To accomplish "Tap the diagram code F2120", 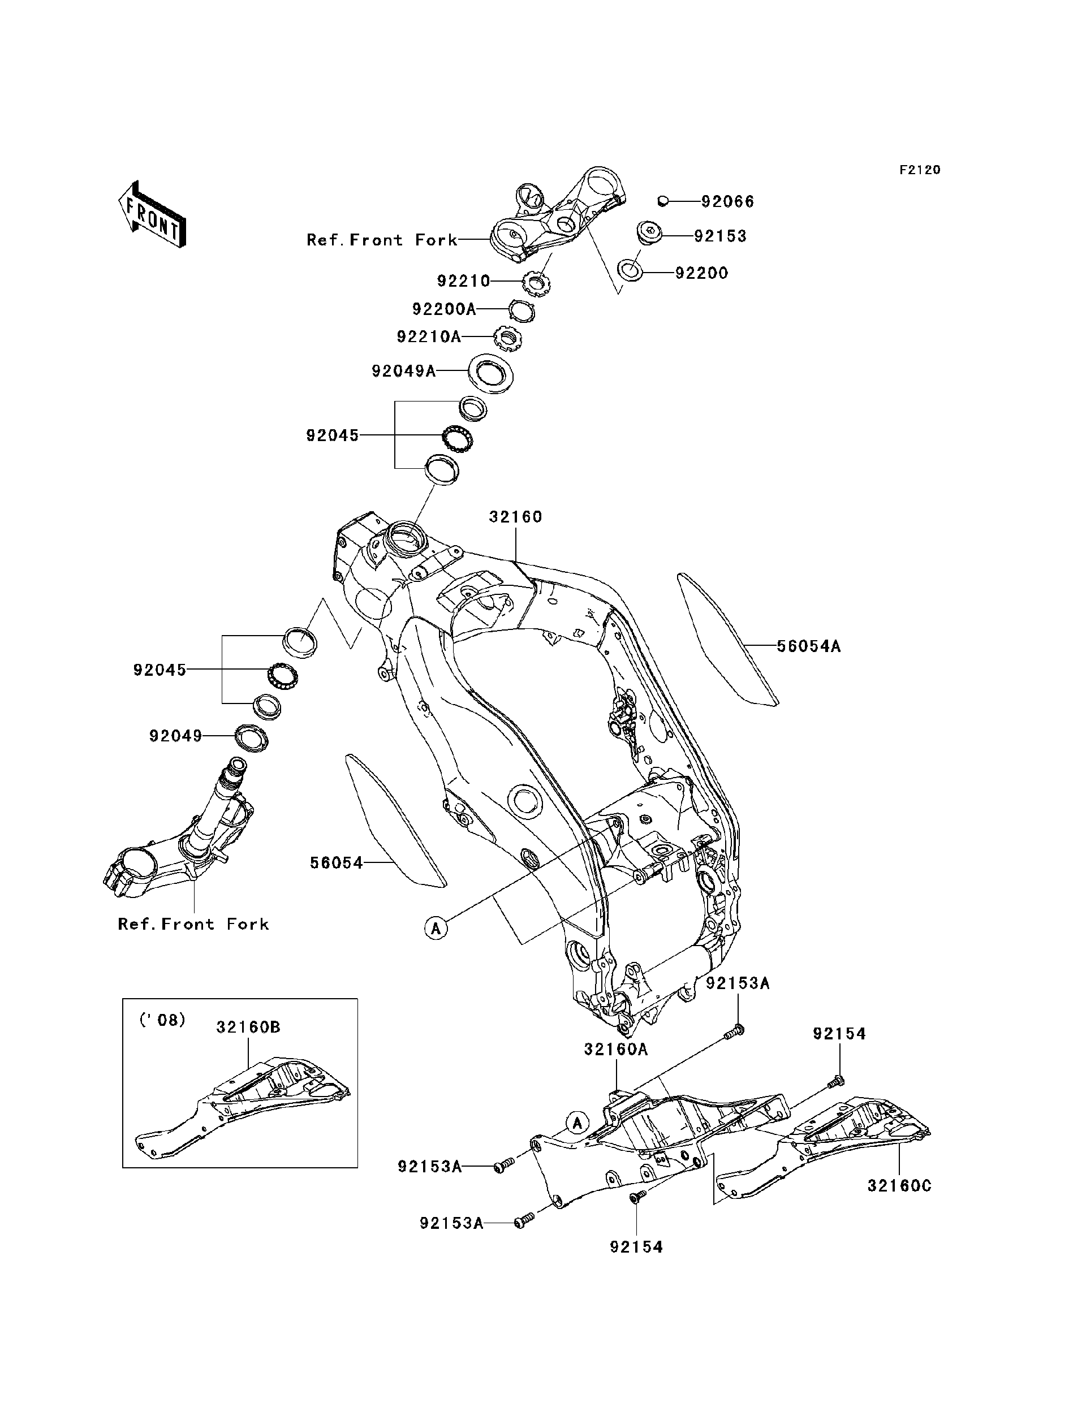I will tap(919, 170).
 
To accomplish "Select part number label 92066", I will tap(727, 202).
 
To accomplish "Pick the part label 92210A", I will tap(429, 336).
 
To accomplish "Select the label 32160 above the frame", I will tap(515, 517).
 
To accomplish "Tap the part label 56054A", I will tap(808, 646).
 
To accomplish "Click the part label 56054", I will tap(336, 863).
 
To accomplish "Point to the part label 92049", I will tap(176, 736).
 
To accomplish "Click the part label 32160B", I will tap(248, 1027).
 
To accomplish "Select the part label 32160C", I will tap(899, 1186).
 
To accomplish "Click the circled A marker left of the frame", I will tap(436, 929).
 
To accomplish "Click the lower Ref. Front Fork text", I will tap(193, 924).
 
